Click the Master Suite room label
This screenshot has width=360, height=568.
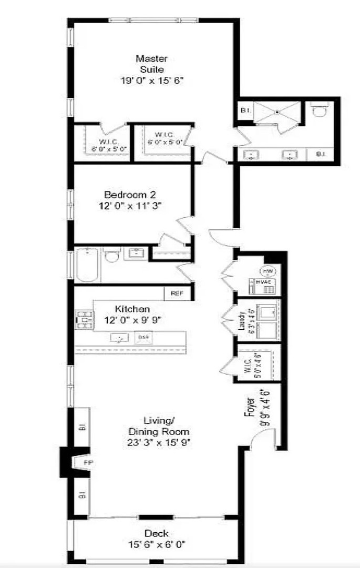(x=152, y=64)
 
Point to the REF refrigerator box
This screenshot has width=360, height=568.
(x=177, y=293)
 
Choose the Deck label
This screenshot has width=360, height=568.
(x=157, y=533)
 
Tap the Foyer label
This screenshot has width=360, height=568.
(x=251, y=407)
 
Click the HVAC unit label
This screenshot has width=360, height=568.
(x=262, y=282)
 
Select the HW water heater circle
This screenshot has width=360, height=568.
(x=267, y=271)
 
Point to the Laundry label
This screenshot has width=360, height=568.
(x=242, y=321)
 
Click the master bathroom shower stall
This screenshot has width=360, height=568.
(x=277, y=112)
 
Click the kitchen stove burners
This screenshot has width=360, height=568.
(x=84, y=319)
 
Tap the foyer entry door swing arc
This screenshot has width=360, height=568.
(x=263, y=438)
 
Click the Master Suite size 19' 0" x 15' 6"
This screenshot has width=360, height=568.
(x=152, y=80)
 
